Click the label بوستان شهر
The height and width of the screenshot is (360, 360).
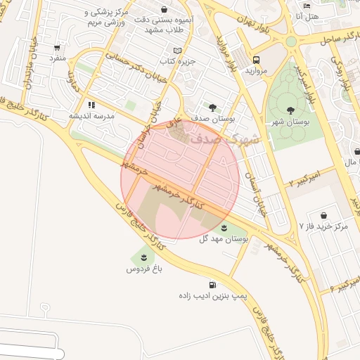coord(290,122)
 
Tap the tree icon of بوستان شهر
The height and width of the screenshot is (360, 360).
coord(290,110)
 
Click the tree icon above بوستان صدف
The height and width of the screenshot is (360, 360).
coord(212,107)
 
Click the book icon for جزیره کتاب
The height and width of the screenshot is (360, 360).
coord(177,51)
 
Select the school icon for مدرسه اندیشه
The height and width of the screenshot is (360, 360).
coord(91,105)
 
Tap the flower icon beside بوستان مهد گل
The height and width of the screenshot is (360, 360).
coord(224,227)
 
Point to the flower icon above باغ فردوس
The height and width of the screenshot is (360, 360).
coord(143,257)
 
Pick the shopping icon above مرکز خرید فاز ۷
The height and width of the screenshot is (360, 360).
coord(323,214)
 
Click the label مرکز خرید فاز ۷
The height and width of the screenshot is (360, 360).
coord(323,226)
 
